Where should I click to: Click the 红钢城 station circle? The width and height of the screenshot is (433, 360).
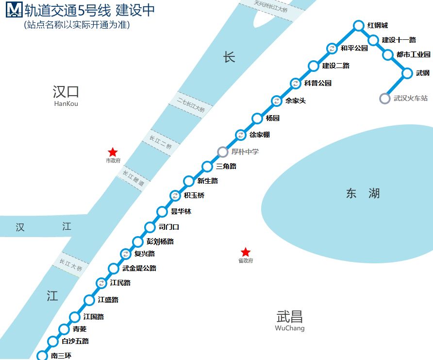(358, 26)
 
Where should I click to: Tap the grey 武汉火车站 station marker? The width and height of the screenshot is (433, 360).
(384, 99)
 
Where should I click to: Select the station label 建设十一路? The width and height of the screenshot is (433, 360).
(399, 40)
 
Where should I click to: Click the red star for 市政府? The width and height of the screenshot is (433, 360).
(113, 153)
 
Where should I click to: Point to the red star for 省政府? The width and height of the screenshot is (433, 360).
(246, 252)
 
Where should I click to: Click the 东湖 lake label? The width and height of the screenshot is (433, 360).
(363, 194)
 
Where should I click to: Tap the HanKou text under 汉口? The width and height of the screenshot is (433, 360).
(66, 103)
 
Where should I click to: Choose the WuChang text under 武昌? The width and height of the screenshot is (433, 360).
(290, 328)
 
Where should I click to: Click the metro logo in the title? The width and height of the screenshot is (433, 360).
(14, 10)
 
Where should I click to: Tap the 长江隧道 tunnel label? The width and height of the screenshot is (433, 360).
(133, 178)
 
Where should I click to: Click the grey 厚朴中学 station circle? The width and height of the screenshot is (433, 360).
(222, 152)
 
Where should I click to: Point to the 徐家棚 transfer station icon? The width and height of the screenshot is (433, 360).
(240, 135)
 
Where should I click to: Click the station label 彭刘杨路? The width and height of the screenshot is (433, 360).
(160, 241)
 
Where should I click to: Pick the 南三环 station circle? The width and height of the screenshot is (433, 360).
(42, 356)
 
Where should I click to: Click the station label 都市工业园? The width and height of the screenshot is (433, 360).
(413, 55)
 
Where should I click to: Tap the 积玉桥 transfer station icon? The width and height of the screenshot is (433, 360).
(175, 196)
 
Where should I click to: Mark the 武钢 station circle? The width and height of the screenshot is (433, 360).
(407, 73)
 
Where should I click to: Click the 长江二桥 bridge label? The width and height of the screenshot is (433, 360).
(161, 142)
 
